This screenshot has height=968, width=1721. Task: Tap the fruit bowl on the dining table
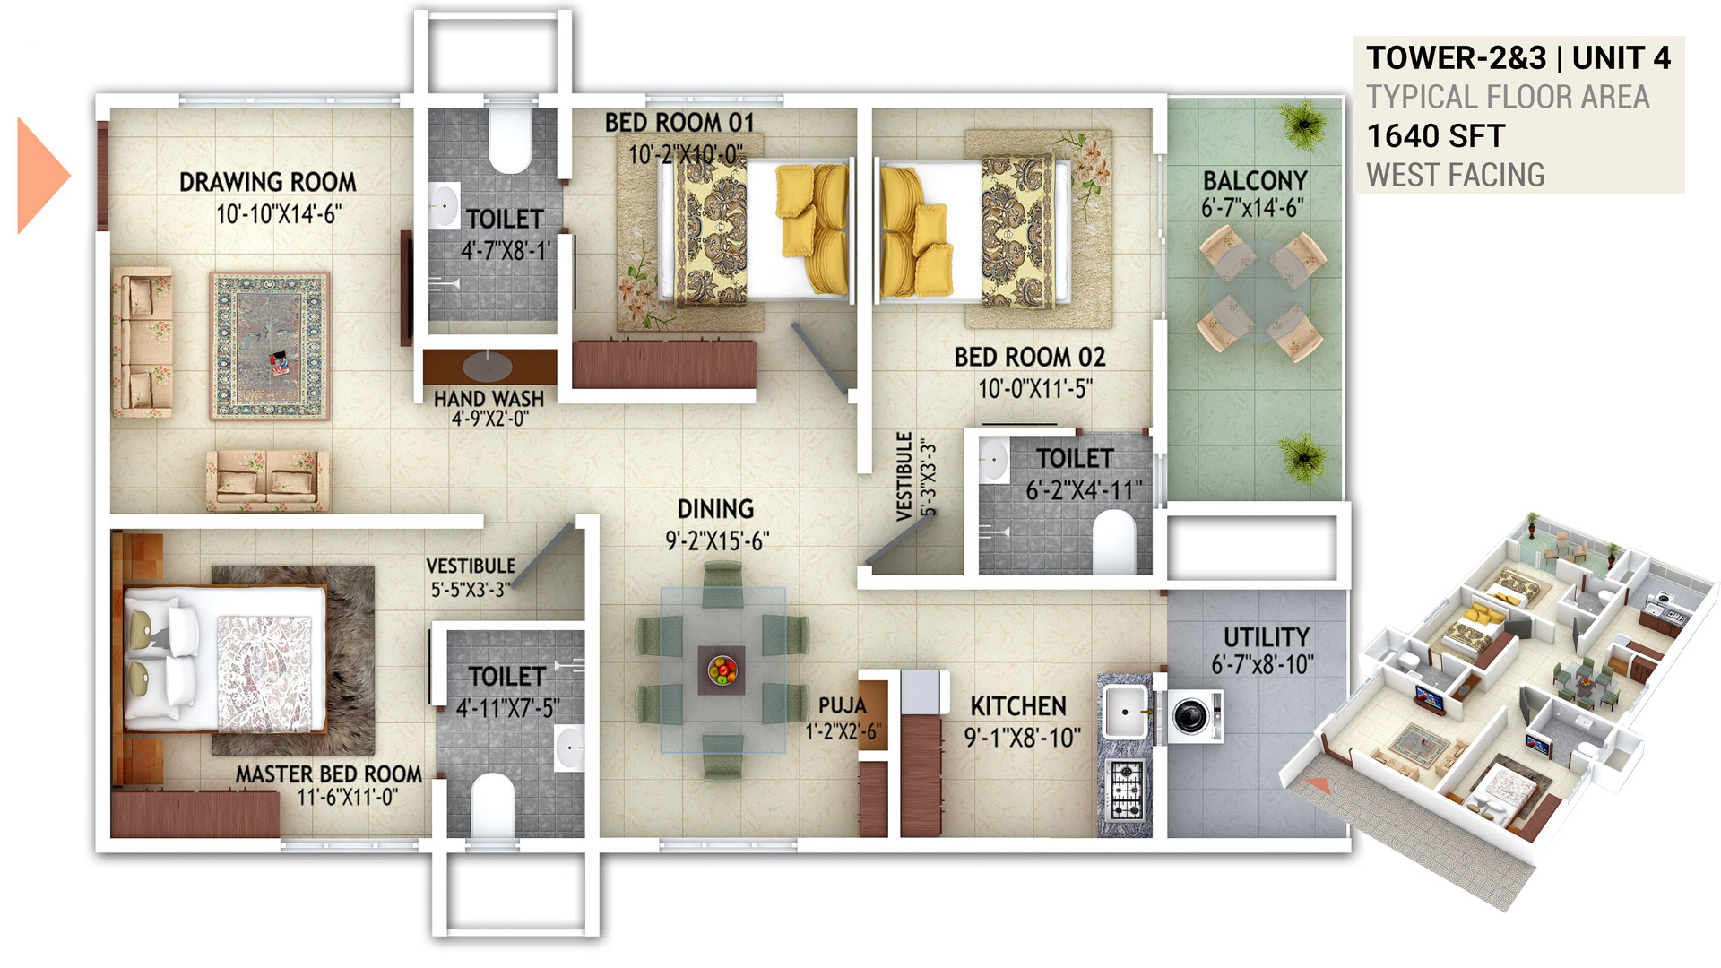(722, 670)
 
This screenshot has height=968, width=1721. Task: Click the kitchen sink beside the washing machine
(1125, 713)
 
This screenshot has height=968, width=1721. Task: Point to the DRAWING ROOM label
(267, 182)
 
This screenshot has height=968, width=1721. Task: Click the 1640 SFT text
(1435, 136)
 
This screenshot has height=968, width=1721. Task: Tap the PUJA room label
(842, 705)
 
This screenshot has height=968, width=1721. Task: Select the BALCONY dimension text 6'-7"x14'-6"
(1253, 208)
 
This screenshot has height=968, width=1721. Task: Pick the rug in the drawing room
(270, 346)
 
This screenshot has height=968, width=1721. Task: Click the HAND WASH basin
(489, 366)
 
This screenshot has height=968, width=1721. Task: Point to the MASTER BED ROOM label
(328, 774)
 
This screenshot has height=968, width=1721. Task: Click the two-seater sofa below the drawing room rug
(267, 480)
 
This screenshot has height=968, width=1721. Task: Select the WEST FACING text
(1455, 175)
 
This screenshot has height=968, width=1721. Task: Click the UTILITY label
(1266, 637)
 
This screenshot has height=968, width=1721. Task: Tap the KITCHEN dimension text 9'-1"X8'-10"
(1022, 738)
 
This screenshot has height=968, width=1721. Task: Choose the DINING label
(715, 509)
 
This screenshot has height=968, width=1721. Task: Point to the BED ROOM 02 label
(1029, 357)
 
